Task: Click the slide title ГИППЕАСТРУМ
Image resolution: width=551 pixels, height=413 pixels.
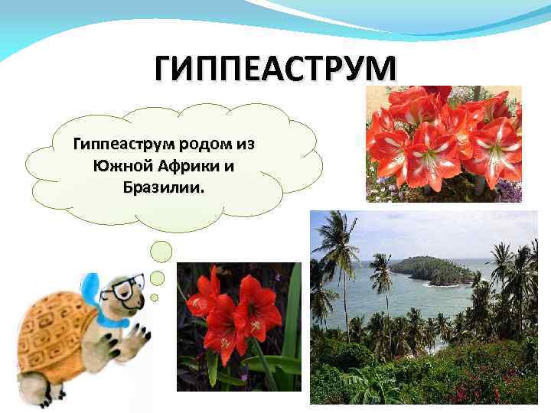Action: pos(275,70)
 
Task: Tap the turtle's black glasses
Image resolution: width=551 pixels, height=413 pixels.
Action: pos(122,288)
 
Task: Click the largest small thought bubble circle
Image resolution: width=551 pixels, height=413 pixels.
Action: pos(162,251)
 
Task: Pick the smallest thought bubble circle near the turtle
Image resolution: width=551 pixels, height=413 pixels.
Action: pos(154,298)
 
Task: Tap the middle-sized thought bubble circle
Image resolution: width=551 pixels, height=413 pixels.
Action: pos(157,278)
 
